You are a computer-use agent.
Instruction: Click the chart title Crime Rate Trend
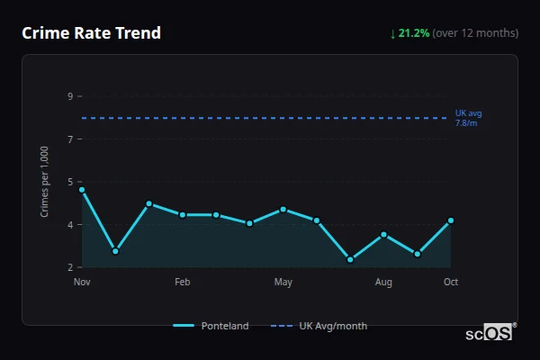92,33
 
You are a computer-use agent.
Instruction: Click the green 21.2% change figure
415,33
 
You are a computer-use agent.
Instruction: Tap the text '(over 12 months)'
475,33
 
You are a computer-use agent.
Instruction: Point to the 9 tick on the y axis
70,95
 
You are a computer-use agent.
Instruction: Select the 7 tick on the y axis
70,139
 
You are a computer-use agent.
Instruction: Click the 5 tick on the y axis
70,181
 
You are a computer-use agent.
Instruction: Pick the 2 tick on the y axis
70,267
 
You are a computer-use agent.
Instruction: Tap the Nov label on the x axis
82,283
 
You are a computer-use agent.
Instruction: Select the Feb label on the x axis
183,283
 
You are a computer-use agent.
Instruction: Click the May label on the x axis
283,283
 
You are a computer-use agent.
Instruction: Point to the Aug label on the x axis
383,283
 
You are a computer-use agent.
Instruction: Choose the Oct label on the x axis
451,283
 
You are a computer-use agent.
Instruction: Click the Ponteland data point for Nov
82,190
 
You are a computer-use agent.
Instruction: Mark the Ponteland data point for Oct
451,220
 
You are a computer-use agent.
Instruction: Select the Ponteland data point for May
283,210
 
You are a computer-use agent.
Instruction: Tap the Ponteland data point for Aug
383,235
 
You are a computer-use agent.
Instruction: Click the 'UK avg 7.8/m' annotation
468,118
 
